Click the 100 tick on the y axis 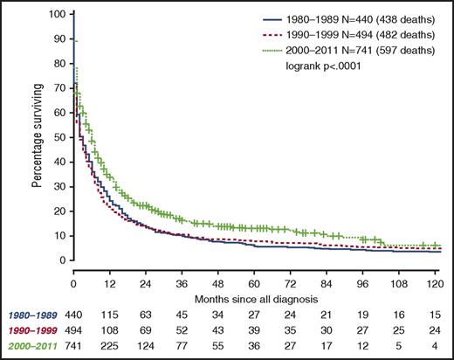coord(58,15)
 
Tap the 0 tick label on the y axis coord(63,260)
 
